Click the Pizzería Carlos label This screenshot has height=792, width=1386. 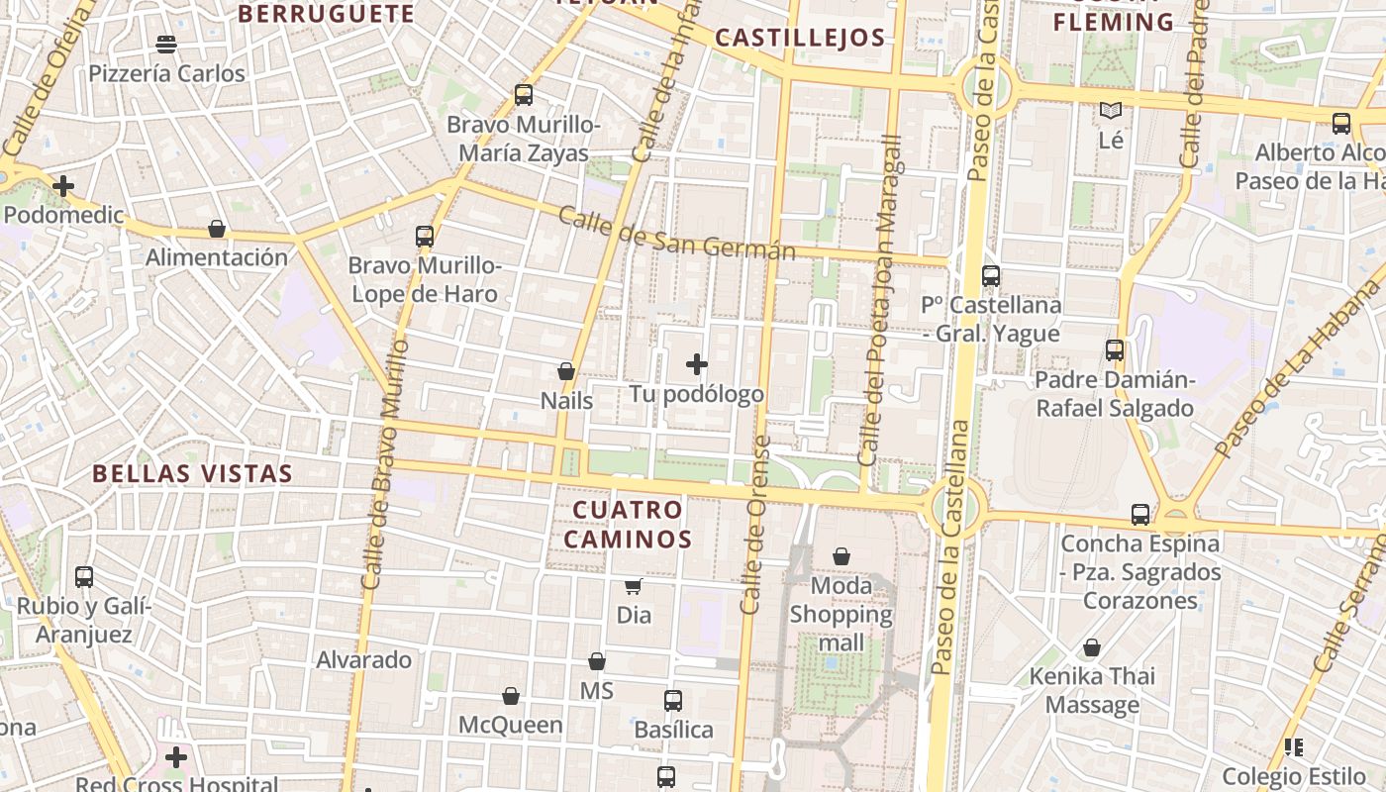(x=166, y=74)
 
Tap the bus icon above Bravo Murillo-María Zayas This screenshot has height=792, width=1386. (x=524, y=95)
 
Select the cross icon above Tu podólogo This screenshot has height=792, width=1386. (x=697, y=364)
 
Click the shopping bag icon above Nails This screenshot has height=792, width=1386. (x=566, y=371)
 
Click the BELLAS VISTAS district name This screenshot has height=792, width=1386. (x=193, y=473)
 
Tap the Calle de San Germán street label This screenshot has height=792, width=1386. (x=676, y=234)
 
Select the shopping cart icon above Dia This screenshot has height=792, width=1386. (x=633, y=586)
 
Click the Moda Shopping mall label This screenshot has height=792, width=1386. (x=841, y=614)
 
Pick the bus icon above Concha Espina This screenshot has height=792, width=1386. (x=1140, y=515)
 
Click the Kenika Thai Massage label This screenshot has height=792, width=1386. (x=1092, y=691)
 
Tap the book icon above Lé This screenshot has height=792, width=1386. (x=1111, y=111)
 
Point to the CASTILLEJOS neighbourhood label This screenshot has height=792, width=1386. (x=799, y=39)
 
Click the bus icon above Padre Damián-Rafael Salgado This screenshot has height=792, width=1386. (x=1115, y=350)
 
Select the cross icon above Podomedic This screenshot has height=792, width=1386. (x=63, y=185)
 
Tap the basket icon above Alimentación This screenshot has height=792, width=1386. (x=217, y=229)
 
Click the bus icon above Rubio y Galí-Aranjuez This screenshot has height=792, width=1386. (x=84, y=576)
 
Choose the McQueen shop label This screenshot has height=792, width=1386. (x=510, y=725)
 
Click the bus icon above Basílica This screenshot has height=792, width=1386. (x=673, y=701)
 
